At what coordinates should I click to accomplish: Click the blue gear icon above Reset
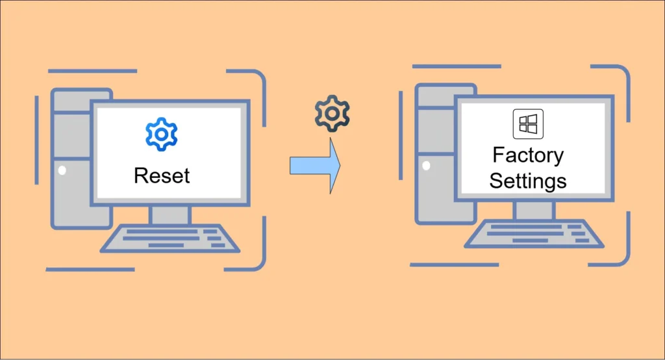tap(161, 135)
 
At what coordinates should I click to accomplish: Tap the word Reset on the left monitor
tap(162, 175)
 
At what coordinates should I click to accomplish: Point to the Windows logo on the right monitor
tap(528, 124)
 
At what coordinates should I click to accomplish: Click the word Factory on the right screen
tap(528, 156)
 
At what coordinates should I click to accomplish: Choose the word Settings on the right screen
tap(528, 180)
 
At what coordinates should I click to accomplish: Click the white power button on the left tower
tap(62, 171)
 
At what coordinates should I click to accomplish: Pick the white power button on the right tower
tap(426, 166)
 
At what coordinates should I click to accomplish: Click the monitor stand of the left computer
tap(170, 214)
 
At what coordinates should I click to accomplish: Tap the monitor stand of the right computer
tap(534, 210)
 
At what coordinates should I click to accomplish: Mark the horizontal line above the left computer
tap(93, 71)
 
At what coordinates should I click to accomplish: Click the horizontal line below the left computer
tap(90, 269)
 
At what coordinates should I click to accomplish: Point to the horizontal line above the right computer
tap(457, 66)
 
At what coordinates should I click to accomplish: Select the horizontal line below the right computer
tap(454, 264)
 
